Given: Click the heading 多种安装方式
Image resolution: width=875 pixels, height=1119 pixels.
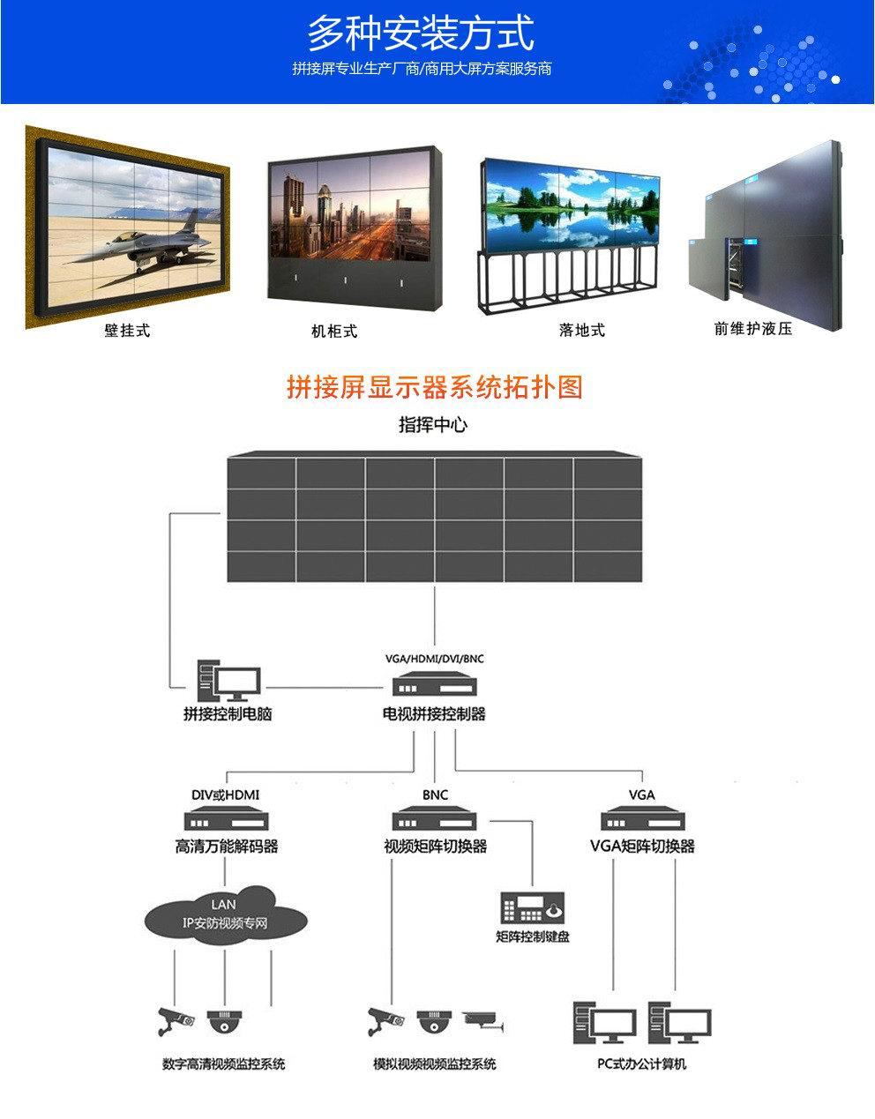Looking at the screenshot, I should (x=420, y=34).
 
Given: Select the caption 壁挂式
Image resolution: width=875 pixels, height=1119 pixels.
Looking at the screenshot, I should (x=127, y=331).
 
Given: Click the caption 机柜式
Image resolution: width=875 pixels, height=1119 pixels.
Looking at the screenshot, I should (x=334, y=332).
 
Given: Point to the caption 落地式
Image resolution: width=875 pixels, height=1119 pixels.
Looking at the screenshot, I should (x=582, y=331).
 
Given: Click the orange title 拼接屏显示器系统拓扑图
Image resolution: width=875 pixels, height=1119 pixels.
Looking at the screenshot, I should (x=435, y=387).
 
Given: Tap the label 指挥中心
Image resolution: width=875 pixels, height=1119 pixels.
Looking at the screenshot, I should (x=433, y=425).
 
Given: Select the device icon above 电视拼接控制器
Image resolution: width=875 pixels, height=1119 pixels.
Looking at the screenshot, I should (x=434, y=686).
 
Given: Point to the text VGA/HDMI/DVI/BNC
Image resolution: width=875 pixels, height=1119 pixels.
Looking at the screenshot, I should (x=435, y=659).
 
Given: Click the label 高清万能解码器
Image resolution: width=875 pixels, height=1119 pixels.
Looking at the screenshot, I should (x=227, y=847).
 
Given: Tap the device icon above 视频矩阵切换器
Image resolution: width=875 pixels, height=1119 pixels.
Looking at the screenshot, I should (x=435, y=819).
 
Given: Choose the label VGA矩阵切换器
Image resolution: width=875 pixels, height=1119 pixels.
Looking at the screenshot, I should (x=642, y=847).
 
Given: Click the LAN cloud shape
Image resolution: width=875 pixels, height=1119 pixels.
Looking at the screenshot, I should (x=226, y=914).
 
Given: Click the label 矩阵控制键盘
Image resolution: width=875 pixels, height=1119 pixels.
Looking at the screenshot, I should (x=533, y=936).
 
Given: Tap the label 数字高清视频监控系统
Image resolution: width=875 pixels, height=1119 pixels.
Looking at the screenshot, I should (x=224, y=1064).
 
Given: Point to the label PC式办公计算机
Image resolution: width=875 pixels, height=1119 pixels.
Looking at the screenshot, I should (x=641, y=1064).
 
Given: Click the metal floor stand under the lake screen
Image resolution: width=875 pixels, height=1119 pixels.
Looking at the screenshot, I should (x=569, y=280).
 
